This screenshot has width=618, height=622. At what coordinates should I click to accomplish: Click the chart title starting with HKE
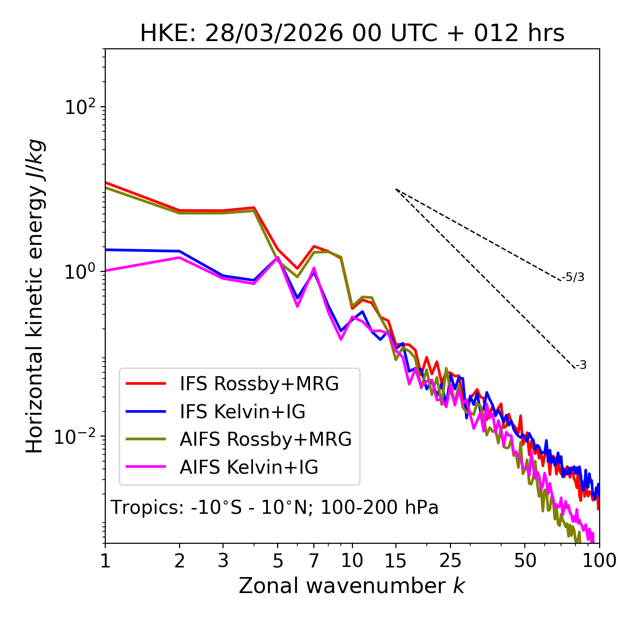[x=352, y=34]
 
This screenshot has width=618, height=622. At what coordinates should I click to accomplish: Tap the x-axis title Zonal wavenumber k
[x=351, y=586]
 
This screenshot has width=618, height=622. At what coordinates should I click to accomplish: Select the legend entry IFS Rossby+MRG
[x=259, y=384]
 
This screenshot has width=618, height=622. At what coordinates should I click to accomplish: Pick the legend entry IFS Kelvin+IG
[x=242, y=412]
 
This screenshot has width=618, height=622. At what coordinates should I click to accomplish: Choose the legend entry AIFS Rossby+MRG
[x=266, y=439]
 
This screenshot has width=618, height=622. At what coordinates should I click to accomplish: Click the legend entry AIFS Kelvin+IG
[x=249, y=467]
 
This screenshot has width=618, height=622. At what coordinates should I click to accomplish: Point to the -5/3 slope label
[x=573, y=277]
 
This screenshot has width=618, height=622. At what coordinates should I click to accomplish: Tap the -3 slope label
[x=581, y=366]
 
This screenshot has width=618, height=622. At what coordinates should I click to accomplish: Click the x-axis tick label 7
[x=314, y=561]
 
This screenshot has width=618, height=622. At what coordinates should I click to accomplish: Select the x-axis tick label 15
[x=396, y=561]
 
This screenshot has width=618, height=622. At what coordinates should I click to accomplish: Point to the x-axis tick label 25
[x=450, y=561]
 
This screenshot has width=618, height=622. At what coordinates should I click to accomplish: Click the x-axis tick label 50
[x=525, y=561]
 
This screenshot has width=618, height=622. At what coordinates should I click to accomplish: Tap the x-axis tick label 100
[x=599, y=561]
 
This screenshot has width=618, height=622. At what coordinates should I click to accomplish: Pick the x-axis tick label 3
[x=223, y=561]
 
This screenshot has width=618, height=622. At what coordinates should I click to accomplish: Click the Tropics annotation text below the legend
[x=275, y=508]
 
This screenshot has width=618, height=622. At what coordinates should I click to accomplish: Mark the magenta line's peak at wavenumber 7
[x=314, y=268]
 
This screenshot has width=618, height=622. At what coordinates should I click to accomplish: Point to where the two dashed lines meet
[x=396, y=189]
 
